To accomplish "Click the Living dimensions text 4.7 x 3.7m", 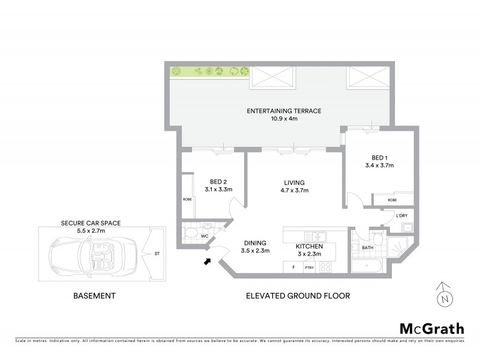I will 295,191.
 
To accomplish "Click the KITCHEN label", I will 310,247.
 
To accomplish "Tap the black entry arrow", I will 209,261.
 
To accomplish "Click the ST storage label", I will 157,253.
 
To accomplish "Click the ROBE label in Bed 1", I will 392,200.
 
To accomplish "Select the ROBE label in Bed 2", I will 187,199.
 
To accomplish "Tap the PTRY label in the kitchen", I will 310,268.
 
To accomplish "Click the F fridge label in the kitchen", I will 293,268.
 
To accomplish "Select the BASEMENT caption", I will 94,296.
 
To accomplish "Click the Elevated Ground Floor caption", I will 298,296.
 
